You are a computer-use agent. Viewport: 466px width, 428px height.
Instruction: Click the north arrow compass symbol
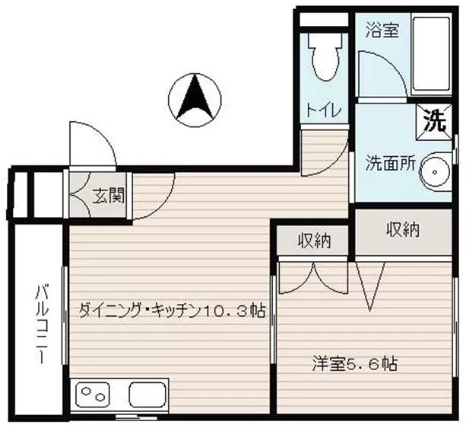(195, 100)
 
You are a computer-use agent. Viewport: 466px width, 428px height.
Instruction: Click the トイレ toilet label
(324, 110)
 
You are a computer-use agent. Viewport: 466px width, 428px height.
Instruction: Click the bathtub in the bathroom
(432, 54)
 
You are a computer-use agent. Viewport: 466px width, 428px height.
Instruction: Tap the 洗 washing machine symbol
(435, 121)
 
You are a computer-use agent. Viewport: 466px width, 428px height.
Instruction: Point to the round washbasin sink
(435, 172)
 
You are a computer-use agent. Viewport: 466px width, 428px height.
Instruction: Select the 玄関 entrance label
(108, 196)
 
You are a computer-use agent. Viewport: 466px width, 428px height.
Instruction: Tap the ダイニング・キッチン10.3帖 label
(172, 311)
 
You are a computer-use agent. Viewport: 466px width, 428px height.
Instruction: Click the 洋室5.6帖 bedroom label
(355, 363)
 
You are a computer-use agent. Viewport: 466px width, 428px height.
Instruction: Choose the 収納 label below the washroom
(403, 229)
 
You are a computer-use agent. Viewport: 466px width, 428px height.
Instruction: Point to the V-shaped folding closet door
(369, 286)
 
